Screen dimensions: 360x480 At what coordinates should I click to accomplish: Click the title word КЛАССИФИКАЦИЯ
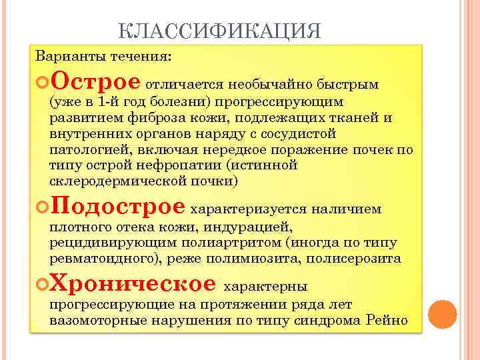pos(219,31)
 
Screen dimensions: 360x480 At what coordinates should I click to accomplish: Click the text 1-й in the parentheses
pos(107,102)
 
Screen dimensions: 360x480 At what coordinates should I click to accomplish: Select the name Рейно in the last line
pos(387,320)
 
